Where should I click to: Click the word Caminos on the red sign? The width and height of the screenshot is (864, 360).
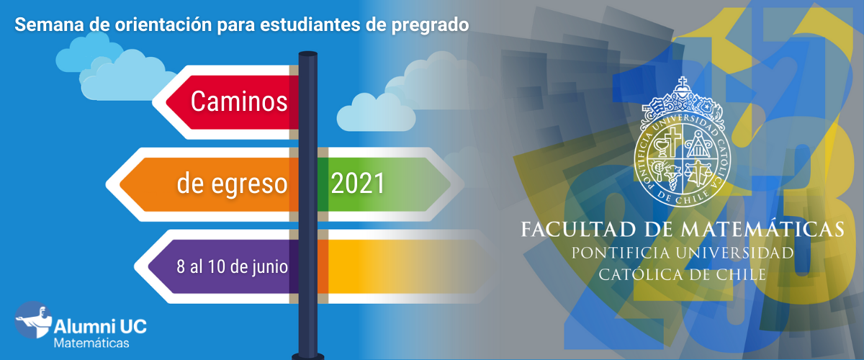click(239, 102)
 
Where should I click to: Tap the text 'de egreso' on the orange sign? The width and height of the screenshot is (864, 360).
click(232, 184)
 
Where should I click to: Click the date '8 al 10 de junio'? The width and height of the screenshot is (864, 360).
click(232, 266)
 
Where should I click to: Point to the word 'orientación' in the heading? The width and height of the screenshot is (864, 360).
click(163, 24)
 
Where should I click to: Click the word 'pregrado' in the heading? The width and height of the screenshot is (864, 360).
click(430, 25)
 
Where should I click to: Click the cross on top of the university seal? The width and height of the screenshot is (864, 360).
click(683, 82)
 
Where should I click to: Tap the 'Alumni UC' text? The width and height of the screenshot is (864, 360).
click(100, 326)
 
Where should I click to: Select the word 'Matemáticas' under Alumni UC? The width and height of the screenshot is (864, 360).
click(91, 343)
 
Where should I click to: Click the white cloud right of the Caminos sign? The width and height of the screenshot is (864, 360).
click(376, 112)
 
